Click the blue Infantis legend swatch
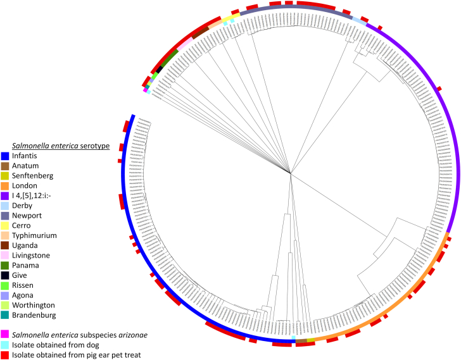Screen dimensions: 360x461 [5, 156]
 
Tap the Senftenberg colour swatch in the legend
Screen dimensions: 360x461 [5, 176]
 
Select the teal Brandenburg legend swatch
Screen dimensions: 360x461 [5, 314]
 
